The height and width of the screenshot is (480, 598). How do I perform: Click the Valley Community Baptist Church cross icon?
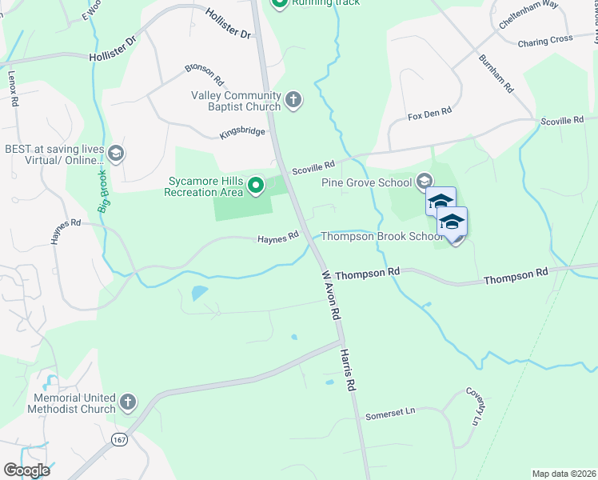pyautogui.click(x=293, y=100)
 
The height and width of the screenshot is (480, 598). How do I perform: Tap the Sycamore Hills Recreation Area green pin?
pyautogui.click(x=256, y=186)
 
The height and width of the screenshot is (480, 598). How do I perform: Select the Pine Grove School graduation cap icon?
pyautogui.click(x=424, y=182)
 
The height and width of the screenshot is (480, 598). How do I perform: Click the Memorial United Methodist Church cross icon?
pyautogui.click(x=128, y=402)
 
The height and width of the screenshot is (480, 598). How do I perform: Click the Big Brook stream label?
pyautogui.click(x=103, y=192)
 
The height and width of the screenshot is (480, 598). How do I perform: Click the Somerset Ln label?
pyautogui.click(x=391, y=414)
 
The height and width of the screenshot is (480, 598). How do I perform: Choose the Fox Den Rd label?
pyautogui.click(x=430, y=114)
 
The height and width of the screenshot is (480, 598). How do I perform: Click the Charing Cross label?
pyautogui.click(x=545, y=39)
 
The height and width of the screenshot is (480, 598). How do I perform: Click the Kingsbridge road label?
pyautogui.click(x=242, y=133)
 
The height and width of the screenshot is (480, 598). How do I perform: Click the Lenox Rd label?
pyautogui.click(x=13, y=82)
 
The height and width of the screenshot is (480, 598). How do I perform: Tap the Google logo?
pyautogui.click(x=26, y=470)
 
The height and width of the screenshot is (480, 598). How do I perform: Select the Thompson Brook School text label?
pyautogui.click(x=381, y=237)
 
